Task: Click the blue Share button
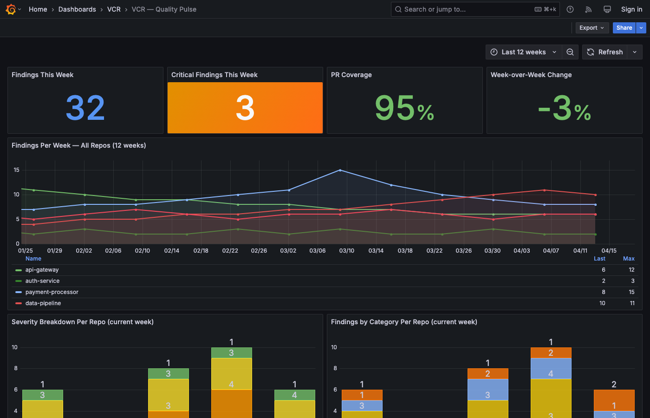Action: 624,28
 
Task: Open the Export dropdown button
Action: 591,28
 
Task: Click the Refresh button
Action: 605,52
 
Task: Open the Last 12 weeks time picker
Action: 523,52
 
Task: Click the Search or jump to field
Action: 464,9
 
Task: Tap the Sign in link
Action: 631,9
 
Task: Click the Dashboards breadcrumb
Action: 77,9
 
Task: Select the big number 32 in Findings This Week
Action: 85,108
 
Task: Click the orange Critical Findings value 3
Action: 245,108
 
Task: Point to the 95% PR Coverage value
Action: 404,108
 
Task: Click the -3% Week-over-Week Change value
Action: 564,108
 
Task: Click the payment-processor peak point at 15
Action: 340,170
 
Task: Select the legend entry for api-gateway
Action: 42,270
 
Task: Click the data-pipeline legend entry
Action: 43,303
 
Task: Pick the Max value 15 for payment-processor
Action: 631,292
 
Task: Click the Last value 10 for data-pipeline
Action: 602,303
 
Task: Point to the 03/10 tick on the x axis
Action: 346,251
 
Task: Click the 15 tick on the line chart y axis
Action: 17,170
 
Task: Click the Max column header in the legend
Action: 629,259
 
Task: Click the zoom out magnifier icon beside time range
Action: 570,52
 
